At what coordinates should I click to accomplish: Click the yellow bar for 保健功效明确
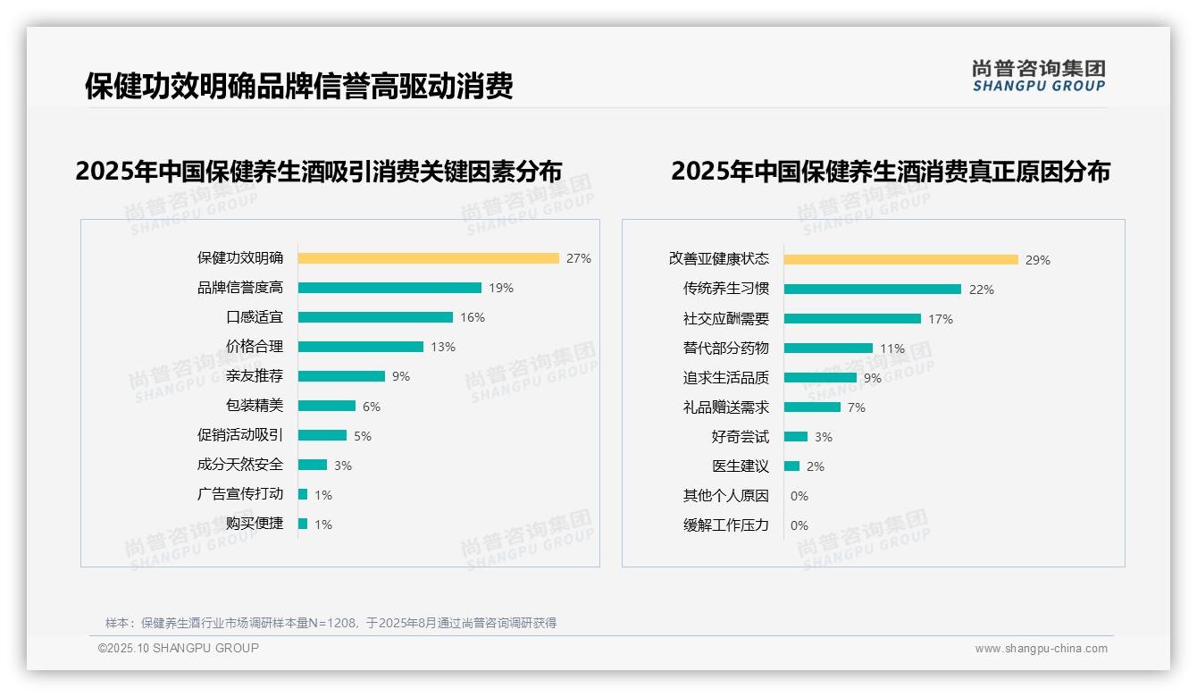[428, 258]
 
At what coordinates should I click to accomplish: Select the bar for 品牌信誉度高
[389, 288]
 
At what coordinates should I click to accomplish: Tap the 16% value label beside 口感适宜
[473, 317]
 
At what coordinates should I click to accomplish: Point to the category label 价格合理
[255, 347]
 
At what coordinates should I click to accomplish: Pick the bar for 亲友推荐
[341, 376]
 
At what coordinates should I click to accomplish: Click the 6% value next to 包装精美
[372, 407]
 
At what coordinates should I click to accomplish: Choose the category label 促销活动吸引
[240, 435]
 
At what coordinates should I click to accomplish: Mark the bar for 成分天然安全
[313, 465]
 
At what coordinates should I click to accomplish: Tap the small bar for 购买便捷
[303, 524]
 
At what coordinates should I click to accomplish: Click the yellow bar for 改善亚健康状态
[900, 259]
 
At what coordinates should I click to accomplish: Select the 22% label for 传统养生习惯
[981, 290]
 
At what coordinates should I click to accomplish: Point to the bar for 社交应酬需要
[852, 318]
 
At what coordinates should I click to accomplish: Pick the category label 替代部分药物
[726, 348]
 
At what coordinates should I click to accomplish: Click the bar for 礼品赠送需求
[812, 407]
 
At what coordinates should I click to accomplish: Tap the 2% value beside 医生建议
[815, 466]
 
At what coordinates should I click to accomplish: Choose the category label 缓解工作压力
[726, 525]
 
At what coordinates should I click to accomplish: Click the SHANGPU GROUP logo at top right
[1038, 76]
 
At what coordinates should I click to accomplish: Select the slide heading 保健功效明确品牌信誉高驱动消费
[298, 86]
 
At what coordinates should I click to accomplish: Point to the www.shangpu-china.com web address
[1041, 649]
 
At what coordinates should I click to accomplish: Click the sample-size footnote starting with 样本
[331, 623]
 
